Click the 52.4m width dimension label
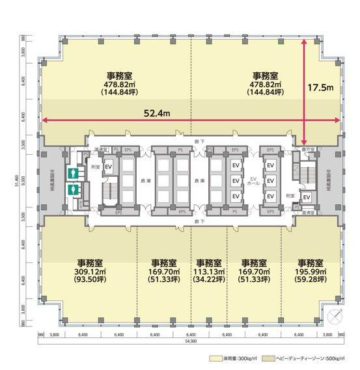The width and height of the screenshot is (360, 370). click(156, 113)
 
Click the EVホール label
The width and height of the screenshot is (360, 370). click(255, 181)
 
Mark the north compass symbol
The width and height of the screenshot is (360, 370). click(335, 317)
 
